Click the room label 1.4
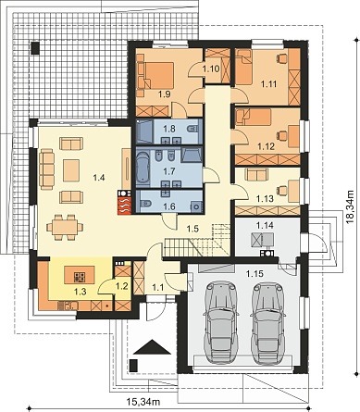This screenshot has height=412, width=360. [99, 178]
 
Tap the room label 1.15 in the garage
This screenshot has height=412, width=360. [254, 274]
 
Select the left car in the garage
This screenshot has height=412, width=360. [221, 321]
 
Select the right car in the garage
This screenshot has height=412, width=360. [268, 321]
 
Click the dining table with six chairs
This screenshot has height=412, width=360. [65, 227]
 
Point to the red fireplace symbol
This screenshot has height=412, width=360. [124, 206]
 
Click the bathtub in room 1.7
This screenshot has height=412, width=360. [143, 168]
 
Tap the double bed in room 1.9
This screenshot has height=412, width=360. [155, 76]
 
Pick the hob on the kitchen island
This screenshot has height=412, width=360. [80, 277]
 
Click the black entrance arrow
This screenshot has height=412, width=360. [152, 347]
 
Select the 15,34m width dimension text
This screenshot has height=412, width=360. [143, 402]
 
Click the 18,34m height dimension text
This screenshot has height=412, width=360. [350, 206]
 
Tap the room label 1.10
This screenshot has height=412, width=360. [211, 69]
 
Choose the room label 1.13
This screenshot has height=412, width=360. [265, 198]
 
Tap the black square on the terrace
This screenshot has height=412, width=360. [35, 48]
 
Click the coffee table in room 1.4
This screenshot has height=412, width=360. [71, 170]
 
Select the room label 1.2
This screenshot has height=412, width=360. [121, 286]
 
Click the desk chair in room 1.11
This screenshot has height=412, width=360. [282, 57]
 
